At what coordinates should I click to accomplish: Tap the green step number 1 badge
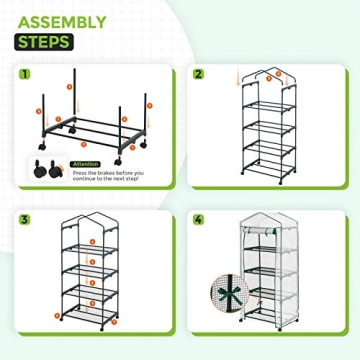point(24,73)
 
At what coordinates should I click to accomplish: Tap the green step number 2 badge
point(198,73)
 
